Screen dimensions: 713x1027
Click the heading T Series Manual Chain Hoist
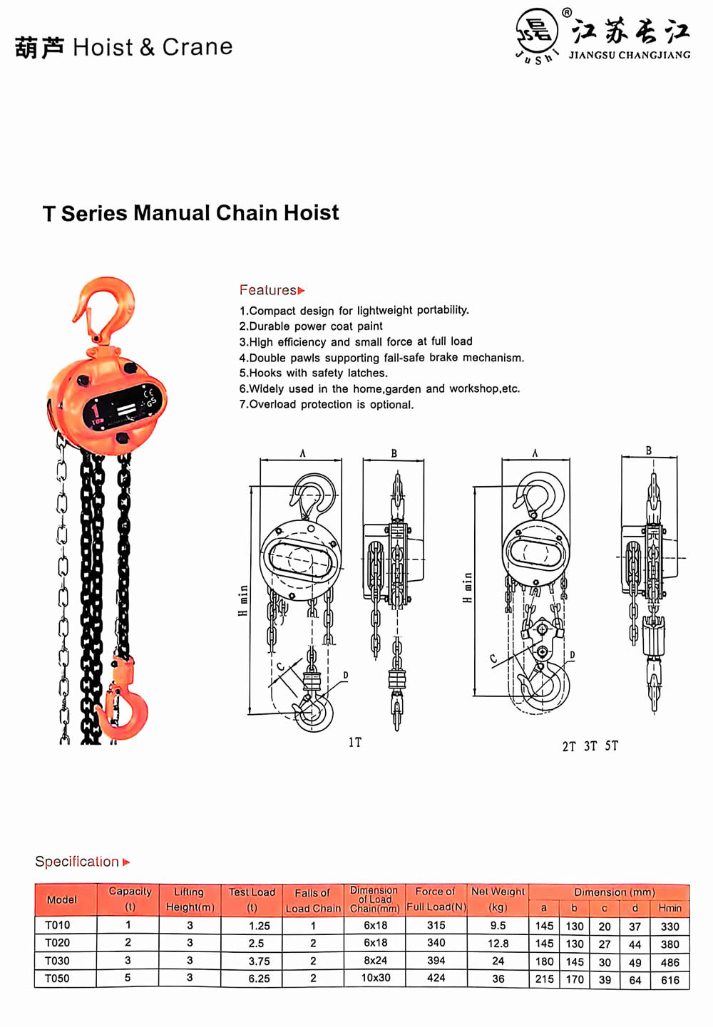click(x=191, y=213)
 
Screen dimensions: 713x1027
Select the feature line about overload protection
click(x=327, y=404)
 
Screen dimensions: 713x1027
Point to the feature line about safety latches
click(x=314, y=373)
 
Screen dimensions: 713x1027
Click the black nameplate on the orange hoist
click(x=123, y=408)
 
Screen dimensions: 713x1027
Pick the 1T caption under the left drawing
click(x=354, y=743)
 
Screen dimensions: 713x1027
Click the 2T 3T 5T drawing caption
click(x=590, y=746)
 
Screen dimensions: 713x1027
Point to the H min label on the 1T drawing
click(x=243, y=600)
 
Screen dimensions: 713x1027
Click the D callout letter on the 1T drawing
click(x=346, y=675)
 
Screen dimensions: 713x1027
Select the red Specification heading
click(x=82, y=862)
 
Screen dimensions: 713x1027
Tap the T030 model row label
click(x=57, y=961)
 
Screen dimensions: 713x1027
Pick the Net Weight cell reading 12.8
click(x=498, y=943)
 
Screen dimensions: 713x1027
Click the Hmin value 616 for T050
click(x=670, y=980)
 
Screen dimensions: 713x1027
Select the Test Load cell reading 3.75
click(x=260, y=961)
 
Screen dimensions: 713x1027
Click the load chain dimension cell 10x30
click(x=375, y=978)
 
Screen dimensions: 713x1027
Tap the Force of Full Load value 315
click(x=436, y=925)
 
